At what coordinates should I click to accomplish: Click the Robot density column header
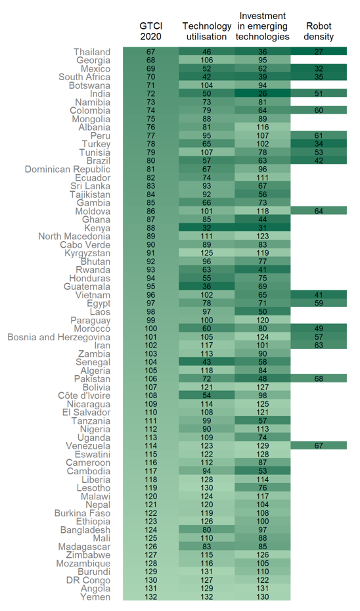coord(319,31)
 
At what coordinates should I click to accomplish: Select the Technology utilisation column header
coord(207,31)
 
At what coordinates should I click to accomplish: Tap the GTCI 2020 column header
coord(151,31)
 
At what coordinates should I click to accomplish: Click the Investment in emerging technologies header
coord(263,26)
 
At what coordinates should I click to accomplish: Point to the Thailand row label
coord(92,52)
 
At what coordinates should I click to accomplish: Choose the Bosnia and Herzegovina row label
coord(59,337)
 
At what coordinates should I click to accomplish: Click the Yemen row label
coord(95,597)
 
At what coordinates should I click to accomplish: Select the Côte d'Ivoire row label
coord(84,396)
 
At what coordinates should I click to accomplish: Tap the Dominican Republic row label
coord(68,169)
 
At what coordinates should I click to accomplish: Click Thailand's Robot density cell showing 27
coord(319,52)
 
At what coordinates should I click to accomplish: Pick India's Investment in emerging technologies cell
coord(263,93)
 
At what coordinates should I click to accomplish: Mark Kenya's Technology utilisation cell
coord(207,227)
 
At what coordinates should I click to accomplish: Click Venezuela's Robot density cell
coord(319,445)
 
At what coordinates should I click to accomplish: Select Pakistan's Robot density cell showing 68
coord(319,378)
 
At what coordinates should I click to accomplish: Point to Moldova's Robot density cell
coord(319,211)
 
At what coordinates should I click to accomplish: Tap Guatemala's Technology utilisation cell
coord(207,286)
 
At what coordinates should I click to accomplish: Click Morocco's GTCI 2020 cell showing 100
coord(151,328)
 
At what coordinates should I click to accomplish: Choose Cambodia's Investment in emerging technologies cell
coord(263,470)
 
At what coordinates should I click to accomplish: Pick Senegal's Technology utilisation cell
coord(207,362)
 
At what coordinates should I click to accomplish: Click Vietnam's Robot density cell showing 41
coord(319,295)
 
